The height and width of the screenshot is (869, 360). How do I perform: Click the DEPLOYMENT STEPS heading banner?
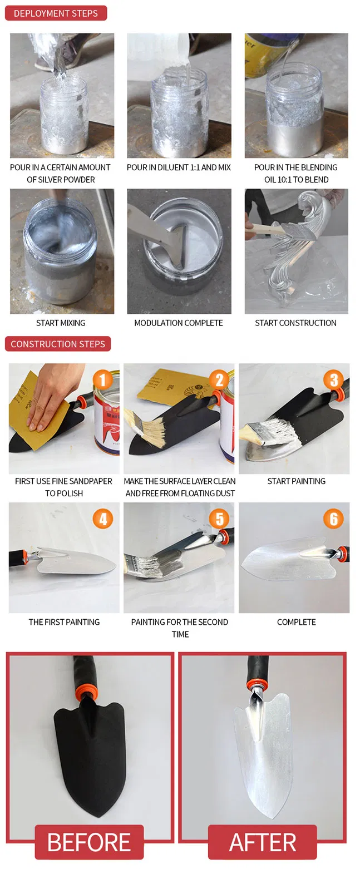56,13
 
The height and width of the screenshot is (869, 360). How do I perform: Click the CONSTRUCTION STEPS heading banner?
58,344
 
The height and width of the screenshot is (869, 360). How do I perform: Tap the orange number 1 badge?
103,380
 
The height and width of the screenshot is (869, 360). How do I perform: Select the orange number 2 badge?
219,380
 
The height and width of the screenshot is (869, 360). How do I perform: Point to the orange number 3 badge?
333,380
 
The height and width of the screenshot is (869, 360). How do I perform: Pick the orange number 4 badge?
103,519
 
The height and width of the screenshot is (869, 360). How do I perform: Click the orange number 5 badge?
219,519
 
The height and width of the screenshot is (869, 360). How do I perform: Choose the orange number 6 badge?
333,519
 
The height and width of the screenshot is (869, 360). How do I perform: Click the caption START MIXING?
61,323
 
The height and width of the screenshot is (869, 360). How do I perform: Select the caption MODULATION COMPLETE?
179,323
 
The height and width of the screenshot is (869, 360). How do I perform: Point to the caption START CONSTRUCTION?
295,323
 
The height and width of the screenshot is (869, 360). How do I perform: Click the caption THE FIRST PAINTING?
64,622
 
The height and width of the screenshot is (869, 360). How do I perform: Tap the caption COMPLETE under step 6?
296,622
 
